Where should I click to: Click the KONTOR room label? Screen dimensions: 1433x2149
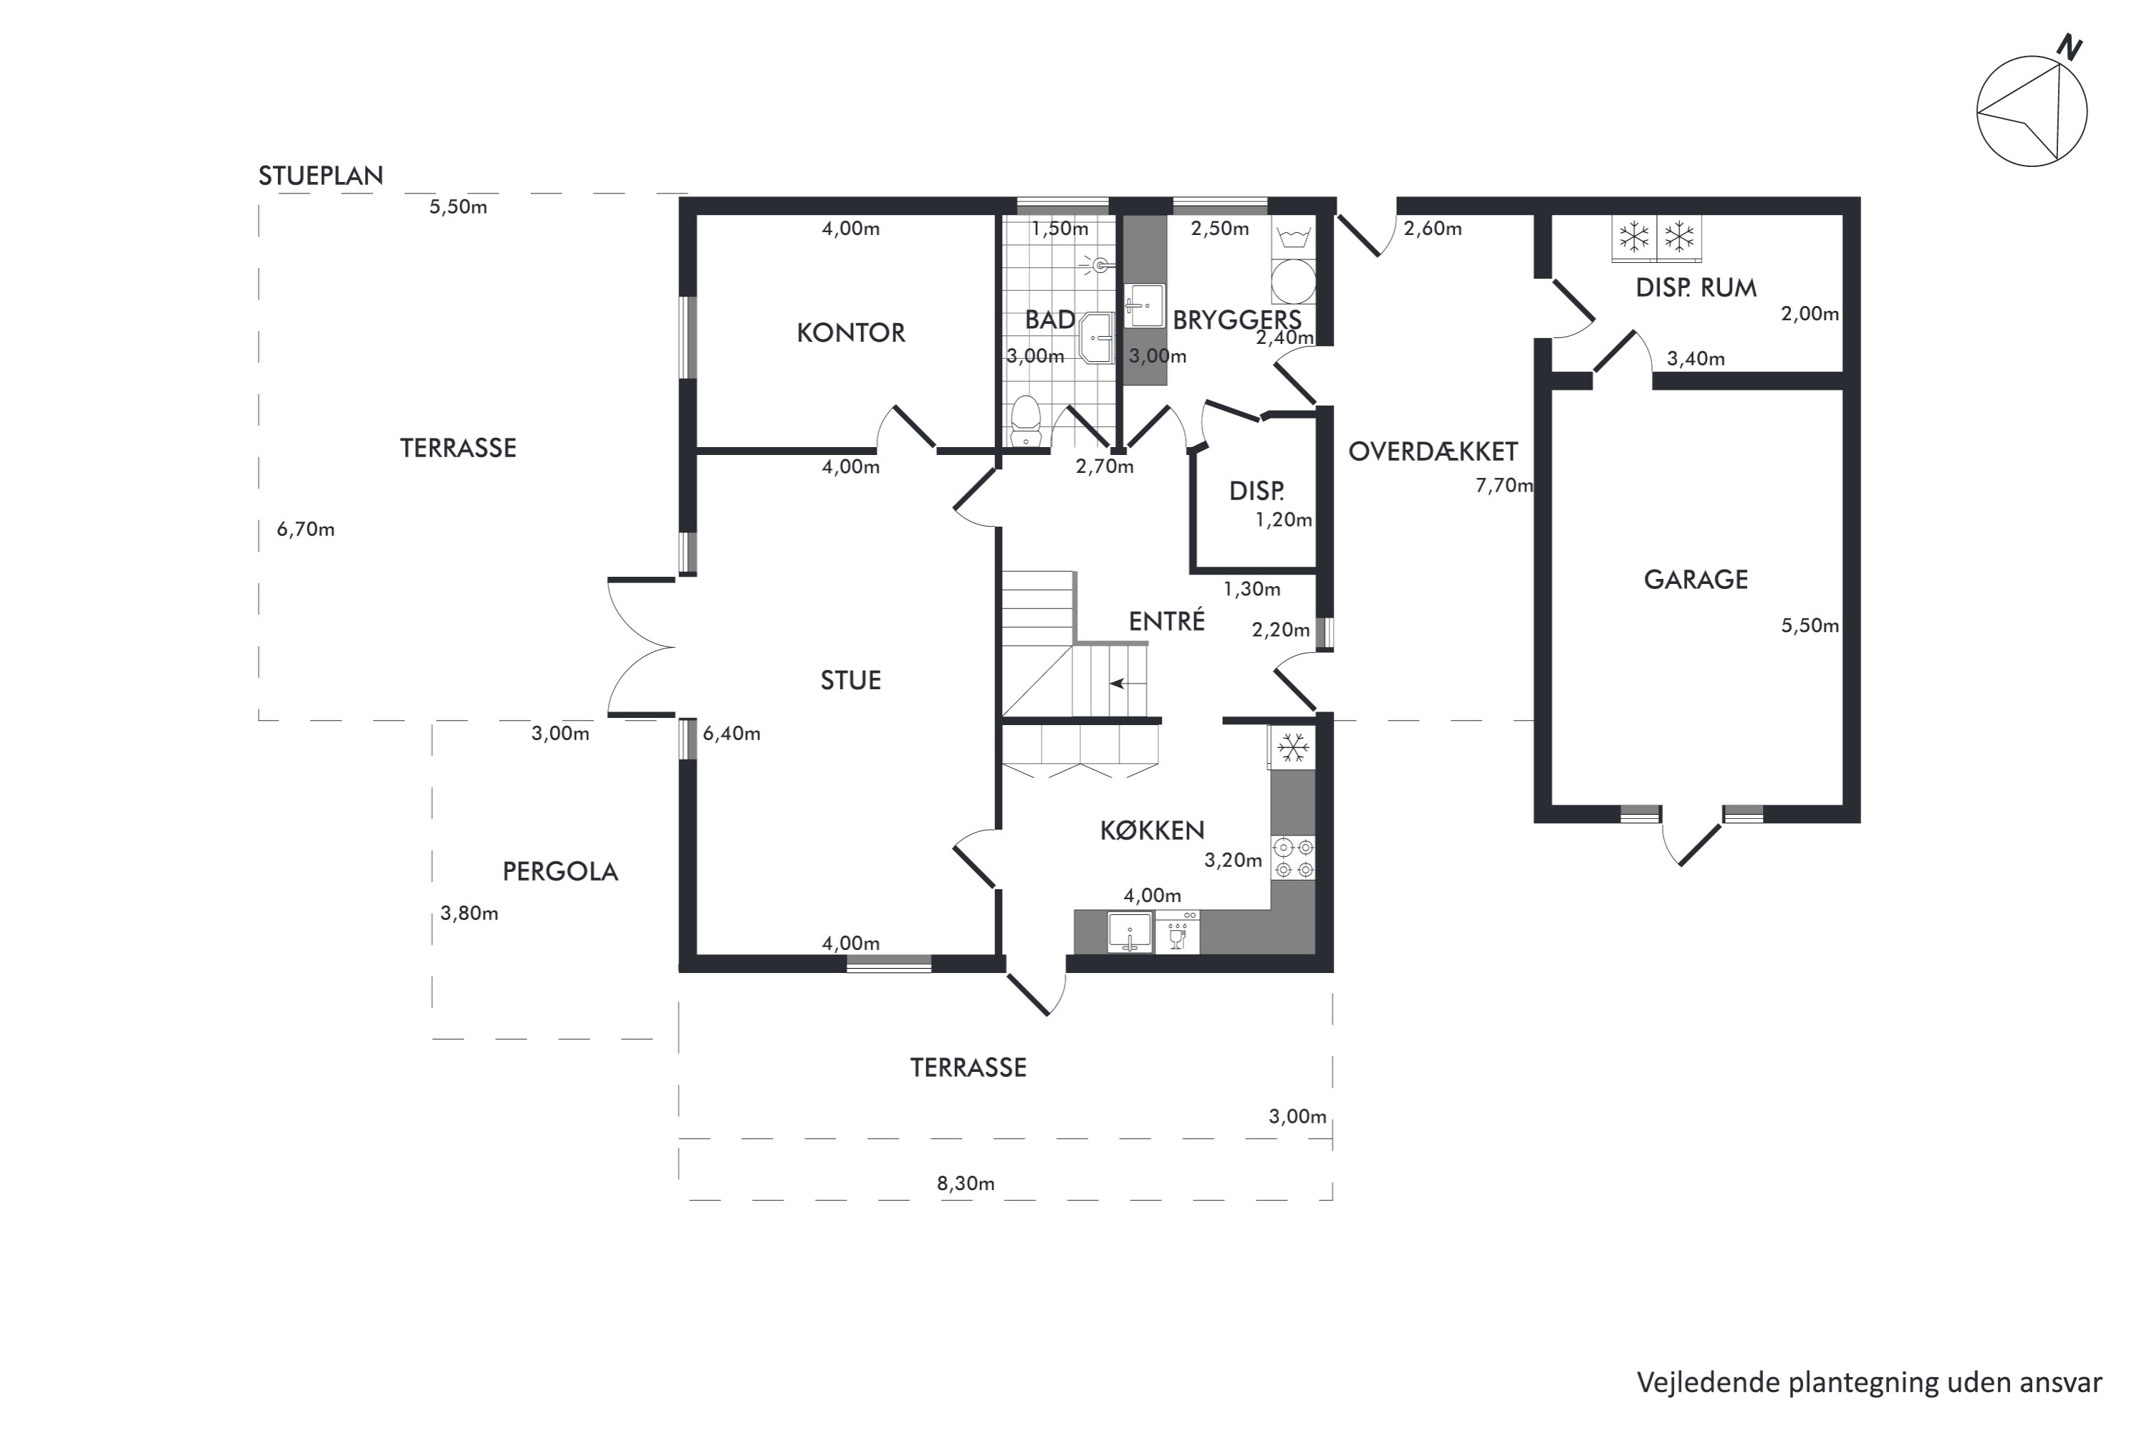pyautogui.click(x=851, y=332)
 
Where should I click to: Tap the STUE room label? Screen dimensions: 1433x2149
pyautogui.click(x=851, y=681)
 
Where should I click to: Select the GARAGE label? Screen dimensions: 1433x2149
pyautogui.click(x=1695, y=580)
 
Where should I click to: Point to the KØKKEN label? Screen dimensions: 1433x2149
pyautogui.click(x=1152, y=830)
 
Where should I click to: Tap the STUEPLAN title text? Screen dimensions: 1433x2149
pyautogui.click(x=321, y=176)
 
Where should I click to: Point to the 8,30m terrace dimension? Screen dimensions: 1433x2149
pyautogui.click(x=966, y=1184)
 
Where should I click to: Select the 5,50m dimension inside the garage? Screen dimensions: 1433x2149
pyautogui.click(x=1809, y=626)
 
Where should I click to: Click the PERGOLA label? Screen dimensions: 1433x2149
pyautogui.click(x=560, y=872)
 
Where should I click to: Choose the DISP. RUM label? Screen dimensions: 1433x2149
pyautogui.click(x=1696, y=288)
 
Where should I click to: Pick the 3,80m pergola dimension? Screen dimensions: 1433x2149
pyautogui.click(x=468, y=913)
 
